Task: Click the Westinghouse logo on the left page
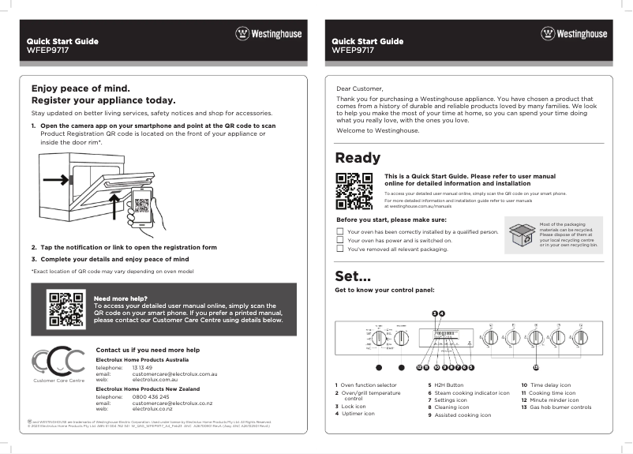[268, 34]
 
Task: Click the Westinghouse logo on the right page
[574, 34]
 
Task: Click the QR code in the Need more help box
[66, 310]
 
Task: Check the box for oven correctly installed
[340, 232]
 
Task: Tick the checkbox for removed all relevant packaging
[340, 249]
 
